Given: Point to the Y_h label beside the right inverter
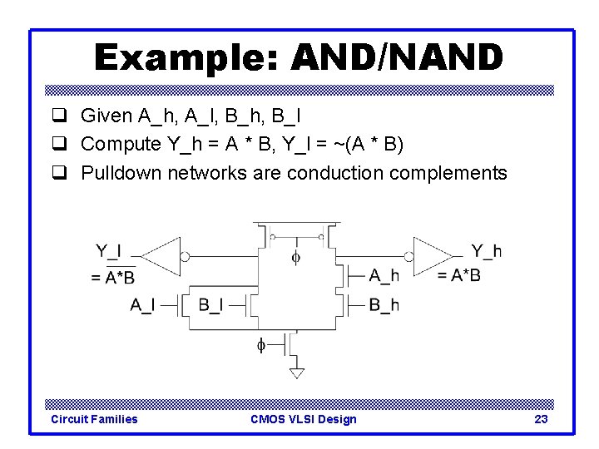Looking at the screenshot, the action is click(x=486, y=250).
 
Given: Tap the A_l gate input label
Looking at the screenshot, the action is click(x=142, y=305).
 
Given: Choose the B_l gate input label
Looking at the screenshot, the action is click(x=210, y=305).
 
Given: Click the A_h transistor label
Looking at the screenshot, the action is click(x=384, y=275).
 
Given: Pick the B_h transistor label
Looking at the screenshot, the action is click(x=384, y=305).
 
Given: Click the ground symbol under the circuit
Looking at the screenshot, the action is click(x=296, y=372).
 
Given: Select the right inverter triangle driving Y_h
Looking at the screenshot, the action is click(x=432, y=256).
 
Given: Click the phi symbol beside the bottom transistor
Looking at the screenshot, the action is click(x=260, y=343).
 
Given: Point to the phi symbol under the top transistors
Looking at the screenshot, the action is click(x=296, y=258).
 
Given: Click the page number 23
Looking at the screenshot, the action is click(x=541, y=419).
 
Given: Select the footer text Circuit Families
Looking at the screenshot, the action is click(x=95, y=419).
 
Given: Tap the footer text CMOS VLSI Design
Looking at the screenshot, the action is click(x=303, y=419).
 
